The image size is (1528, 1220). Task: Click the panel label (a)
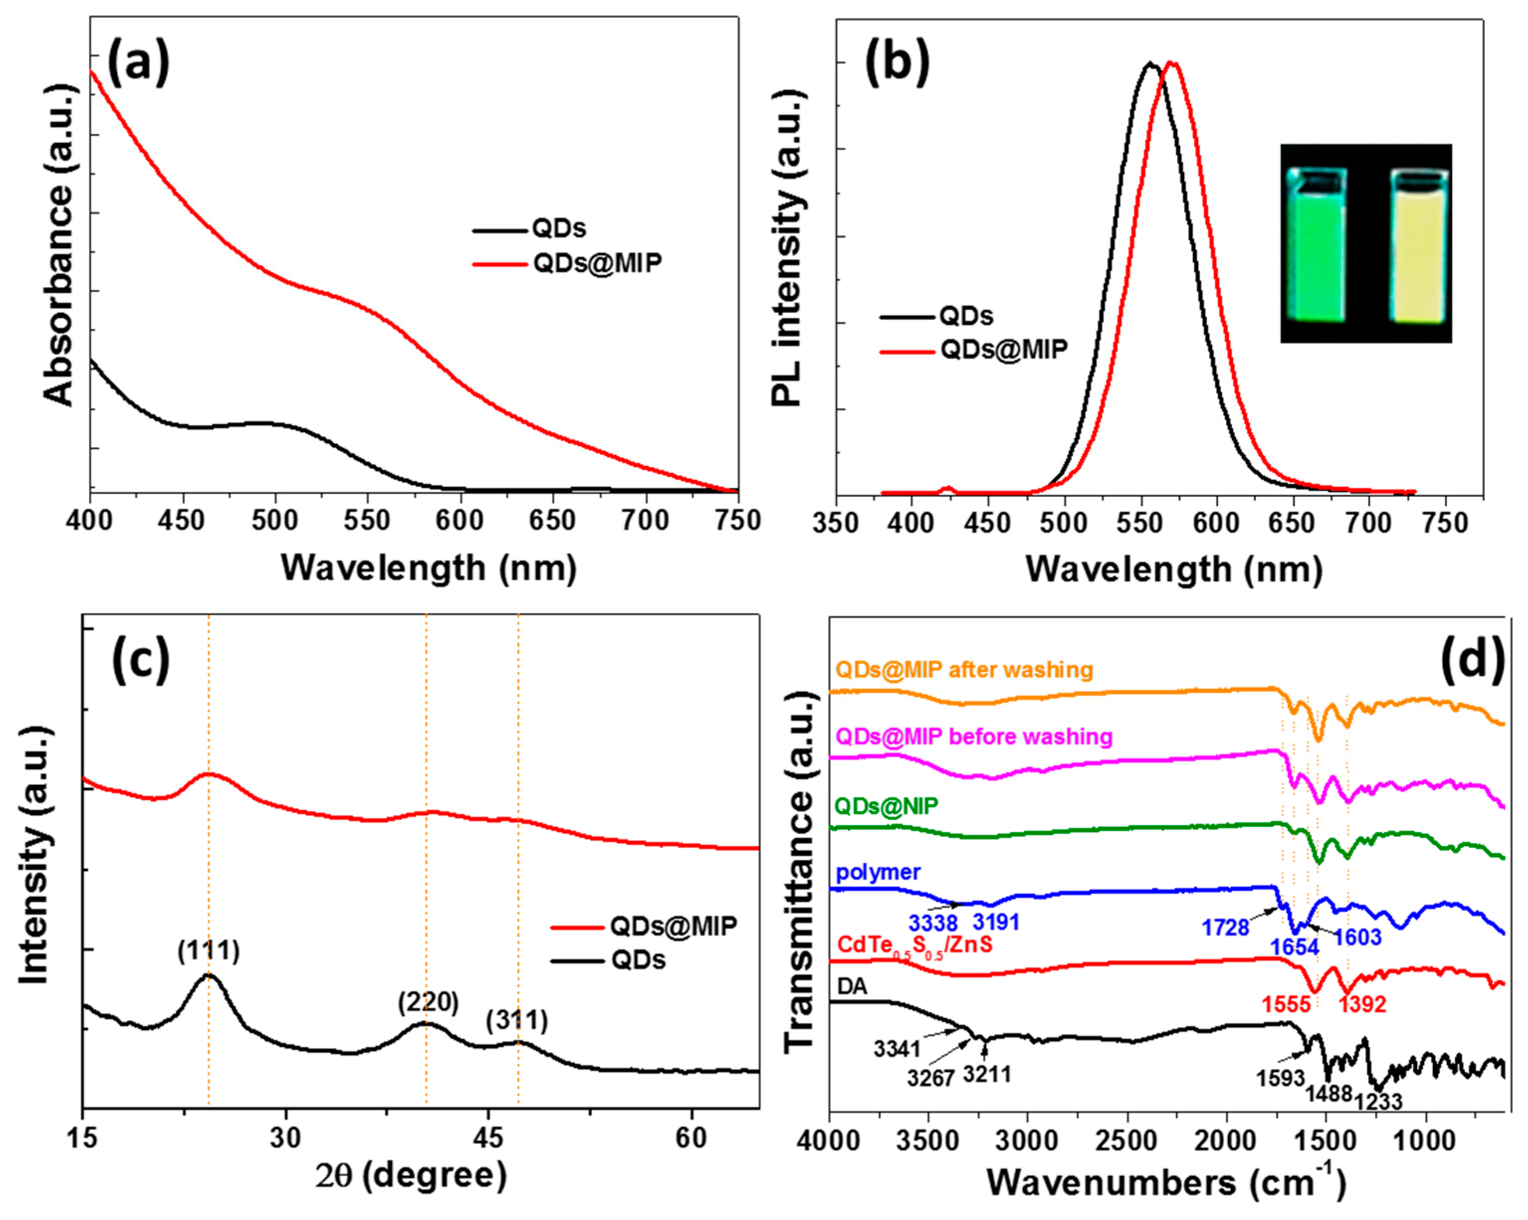click(x=138, y=62)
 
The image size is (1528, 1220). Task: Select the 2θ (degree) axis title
click(x=411, y=1176)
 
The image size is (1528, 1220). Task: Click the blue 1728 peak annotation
click(x=1225, y=927)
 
